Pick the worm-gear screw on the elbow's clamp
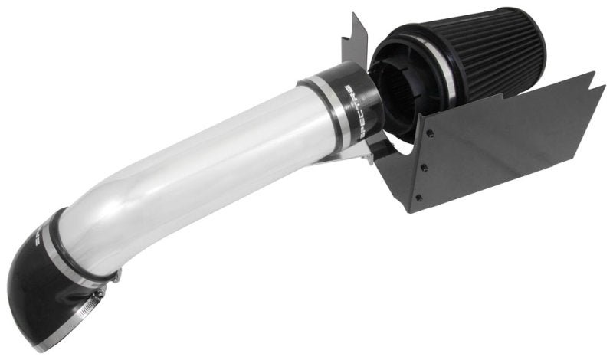112,274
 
